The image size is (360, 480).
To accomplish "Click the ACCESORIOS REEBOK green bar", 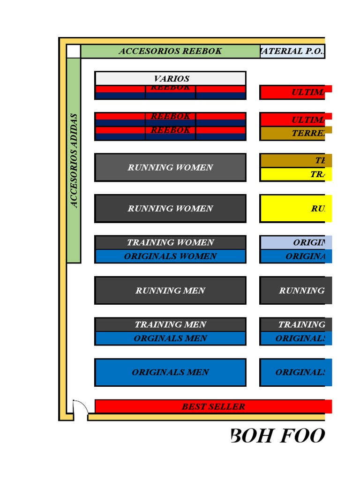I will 170,51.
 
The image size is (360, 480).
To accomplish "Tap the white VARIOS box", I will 171,78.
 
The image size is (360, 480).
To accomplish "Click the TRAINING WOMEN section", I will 171,242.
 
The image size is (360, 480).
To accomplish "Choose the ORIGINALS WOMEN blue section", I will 171,256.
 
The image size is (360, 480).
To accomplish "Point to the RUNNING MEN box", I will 171,291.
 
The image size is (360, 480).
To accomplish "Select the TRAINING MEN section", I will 171,324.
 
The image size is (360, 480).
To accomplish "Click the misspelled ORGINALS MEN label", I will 171,338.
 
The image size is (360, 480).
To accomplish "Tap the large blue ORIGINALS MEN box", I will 171,372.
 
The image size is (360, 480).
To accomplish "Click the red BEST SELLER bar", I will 213,406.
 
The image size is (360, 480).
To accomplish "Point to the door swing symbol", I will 80,407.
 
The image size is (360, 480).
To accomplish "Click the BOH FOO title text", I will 277,436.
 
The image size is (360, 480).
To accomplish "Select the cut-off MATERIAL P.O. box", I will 292,51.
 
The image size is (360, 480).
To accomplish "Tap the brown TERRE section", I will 295,134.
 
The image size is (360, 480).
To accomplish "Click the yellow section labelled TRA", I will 295,174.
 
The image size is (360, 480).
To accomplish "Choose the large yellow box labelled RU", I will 295,209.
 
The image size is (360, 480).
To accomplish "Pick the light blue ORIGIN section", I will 295,242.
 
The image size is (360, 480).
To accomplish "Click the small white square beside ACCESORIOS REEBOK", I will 74,51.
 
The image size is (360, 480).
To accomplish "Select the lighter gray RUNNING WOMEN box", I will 171,167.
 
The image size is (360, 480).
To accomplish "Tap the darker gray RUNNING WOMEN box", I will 171,209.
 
